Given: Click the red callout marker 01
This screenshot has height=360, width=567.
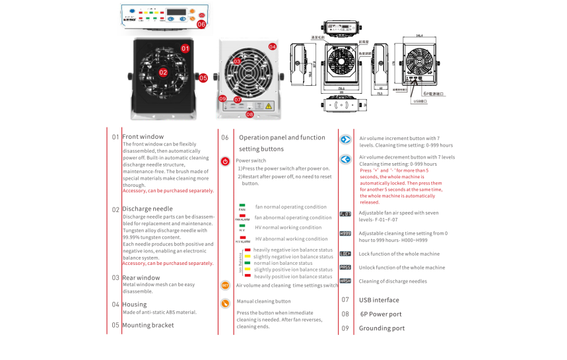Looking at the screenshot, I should pos(185,48).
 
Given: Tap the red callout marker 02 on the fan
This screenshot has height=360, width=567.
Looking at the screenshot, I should pos(163,72).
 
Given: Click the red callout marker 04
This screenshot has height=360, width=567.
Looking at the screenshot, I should pos(272,47).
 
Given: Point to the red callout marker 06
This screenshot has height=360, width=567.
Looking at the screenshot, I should pos(201,24).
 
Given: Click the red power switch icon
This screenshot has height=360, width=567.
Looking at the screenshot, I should pos(225,161).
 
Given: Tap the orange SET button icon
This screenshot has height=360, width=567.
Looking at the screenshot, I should pos(225,285).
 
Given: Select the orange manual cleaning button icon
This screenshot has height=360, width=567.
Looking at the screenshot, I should pos(225,302).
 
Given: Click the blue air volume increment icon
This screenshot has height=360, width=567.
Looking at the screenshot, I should pos(345,139).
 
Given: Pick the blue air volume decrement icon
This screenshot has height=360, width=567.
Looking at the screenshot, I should pos(345,159).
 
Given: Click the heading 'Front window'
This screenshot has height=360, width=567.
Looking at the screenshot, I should pos(143,137).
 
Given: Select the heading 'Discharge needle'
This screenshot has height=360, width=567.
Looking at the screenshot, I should pos(147,209).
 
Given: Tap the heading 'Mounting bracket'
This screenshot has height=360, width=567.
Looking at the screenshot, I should pos(148,325).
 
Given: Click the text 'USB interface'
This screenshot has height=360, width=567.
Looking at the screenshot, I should pos(379,300).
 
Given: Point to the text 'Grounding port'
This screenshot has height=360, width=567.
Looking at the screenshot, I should pos(382,328).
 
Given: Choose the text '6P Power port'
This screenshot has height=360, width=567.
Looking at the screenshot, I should pos(380,314).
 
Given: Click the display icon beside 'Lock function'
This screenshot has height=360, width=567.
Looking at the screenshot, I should pos(345,254).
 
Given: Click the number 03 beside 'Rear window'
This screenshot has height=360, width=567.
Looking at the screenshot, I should pos(116,278).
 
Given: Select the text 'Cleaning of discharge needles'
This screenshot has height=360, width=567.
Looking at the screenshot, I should pos(393,281).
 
